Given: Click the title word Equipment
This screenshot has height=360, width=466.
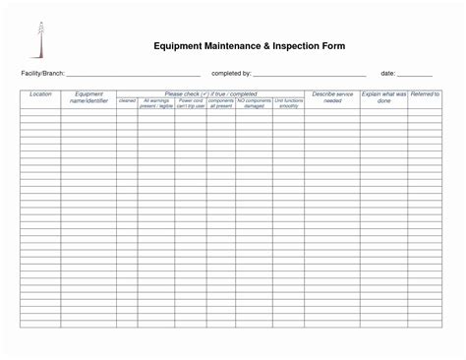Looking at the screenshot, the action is pos(178,46).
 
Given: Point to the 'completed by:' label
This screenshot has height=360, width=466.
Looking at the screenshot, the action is pos(232,74).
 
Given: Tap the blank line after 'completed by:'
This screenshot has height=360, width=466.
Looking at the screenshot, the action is pos(310,75).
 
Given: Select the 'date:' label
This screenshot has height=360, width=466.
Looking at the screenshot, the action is pos(388,74).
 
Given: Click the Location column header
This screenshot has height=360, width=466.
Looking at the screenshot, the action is pos(40,94).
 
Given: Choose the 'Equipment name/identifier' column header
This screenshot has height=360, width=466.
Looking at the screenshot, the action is pos(88,97).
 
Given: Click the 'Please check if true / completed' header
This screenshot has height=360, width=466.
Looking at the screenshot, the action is pos(210,93).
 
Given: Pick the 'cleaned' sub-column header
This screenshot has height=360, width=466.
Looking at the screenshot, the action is pos(128,100).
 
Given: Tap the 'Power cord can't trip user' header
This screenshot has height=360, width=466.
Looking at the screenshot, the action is pos(191,102).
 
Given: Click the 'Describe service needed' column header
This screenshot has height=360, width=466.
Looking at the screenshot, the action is pos(332,97).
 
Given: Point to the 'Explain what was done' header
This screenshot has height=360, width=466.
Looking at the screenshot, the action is pos(383,97).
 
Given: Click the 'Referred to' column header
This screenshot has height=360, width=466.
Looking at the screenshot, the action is pos(425,94).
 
